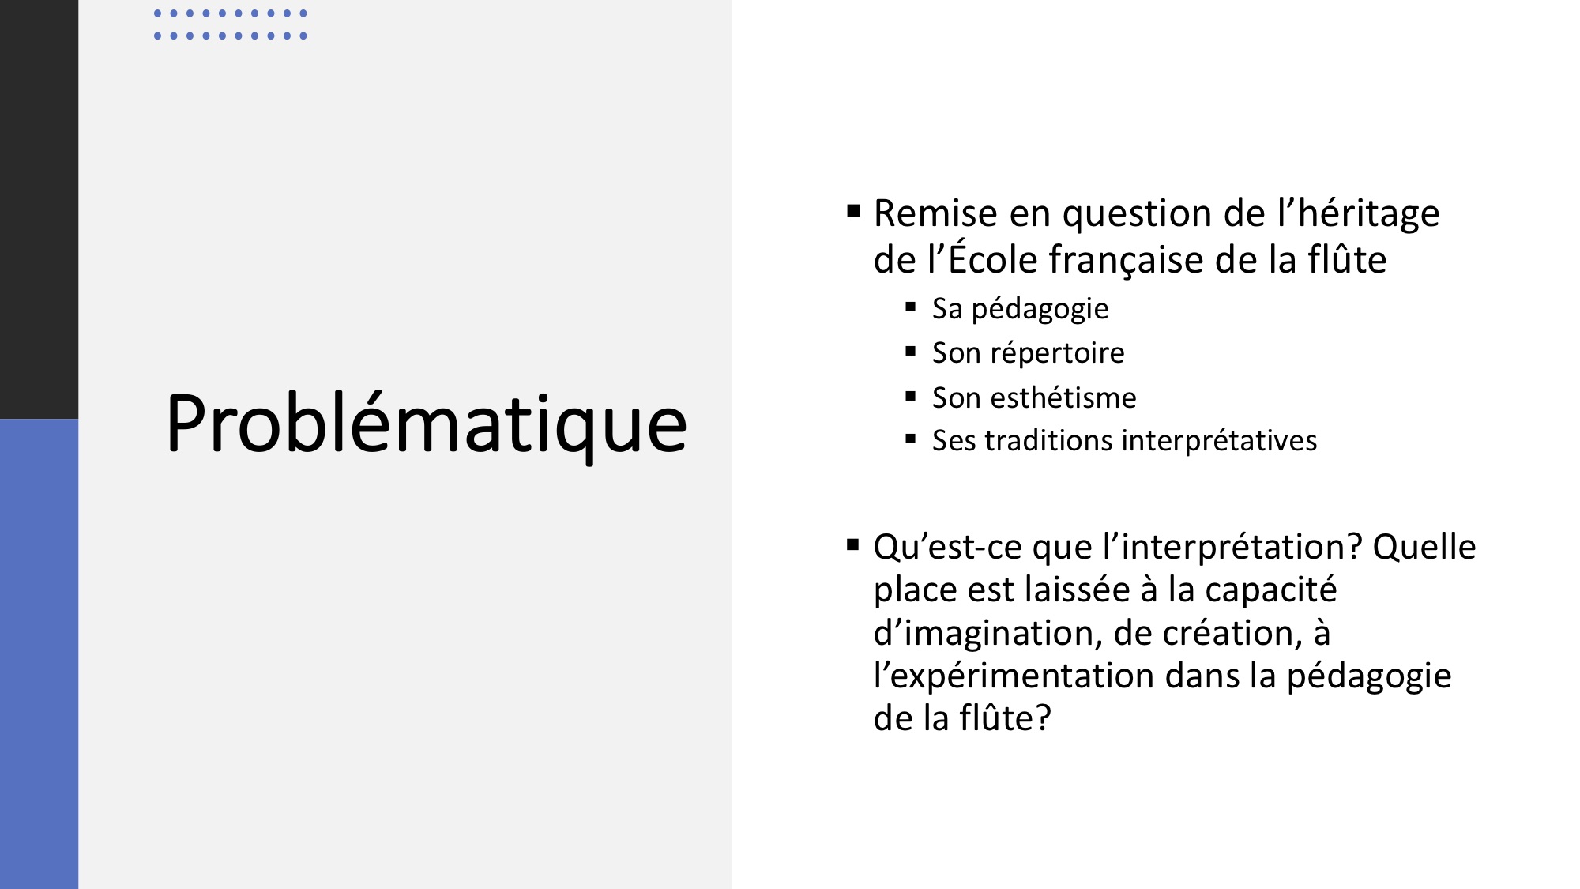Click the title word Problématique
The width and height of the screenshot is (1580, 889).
[x=427, y=424]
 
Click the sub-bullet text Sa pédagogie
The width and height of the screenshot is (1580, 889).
[x=1020, y=309]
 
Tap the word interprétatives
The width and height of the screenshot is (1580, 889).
[x=1220, y=441]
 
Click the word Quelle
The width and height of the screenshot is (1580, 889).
[x=1424, y=547]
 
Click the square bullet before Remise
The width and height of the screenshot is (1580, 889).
[x=853, y=211]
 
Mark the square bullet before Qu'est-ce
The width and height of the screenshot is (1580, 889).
[x=853, y=544]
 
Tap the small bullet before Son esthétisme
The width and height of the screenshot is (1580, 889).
[x=911, y=396]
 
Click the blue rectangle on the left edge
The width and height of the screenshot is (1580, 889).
[x=39, y=654]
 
